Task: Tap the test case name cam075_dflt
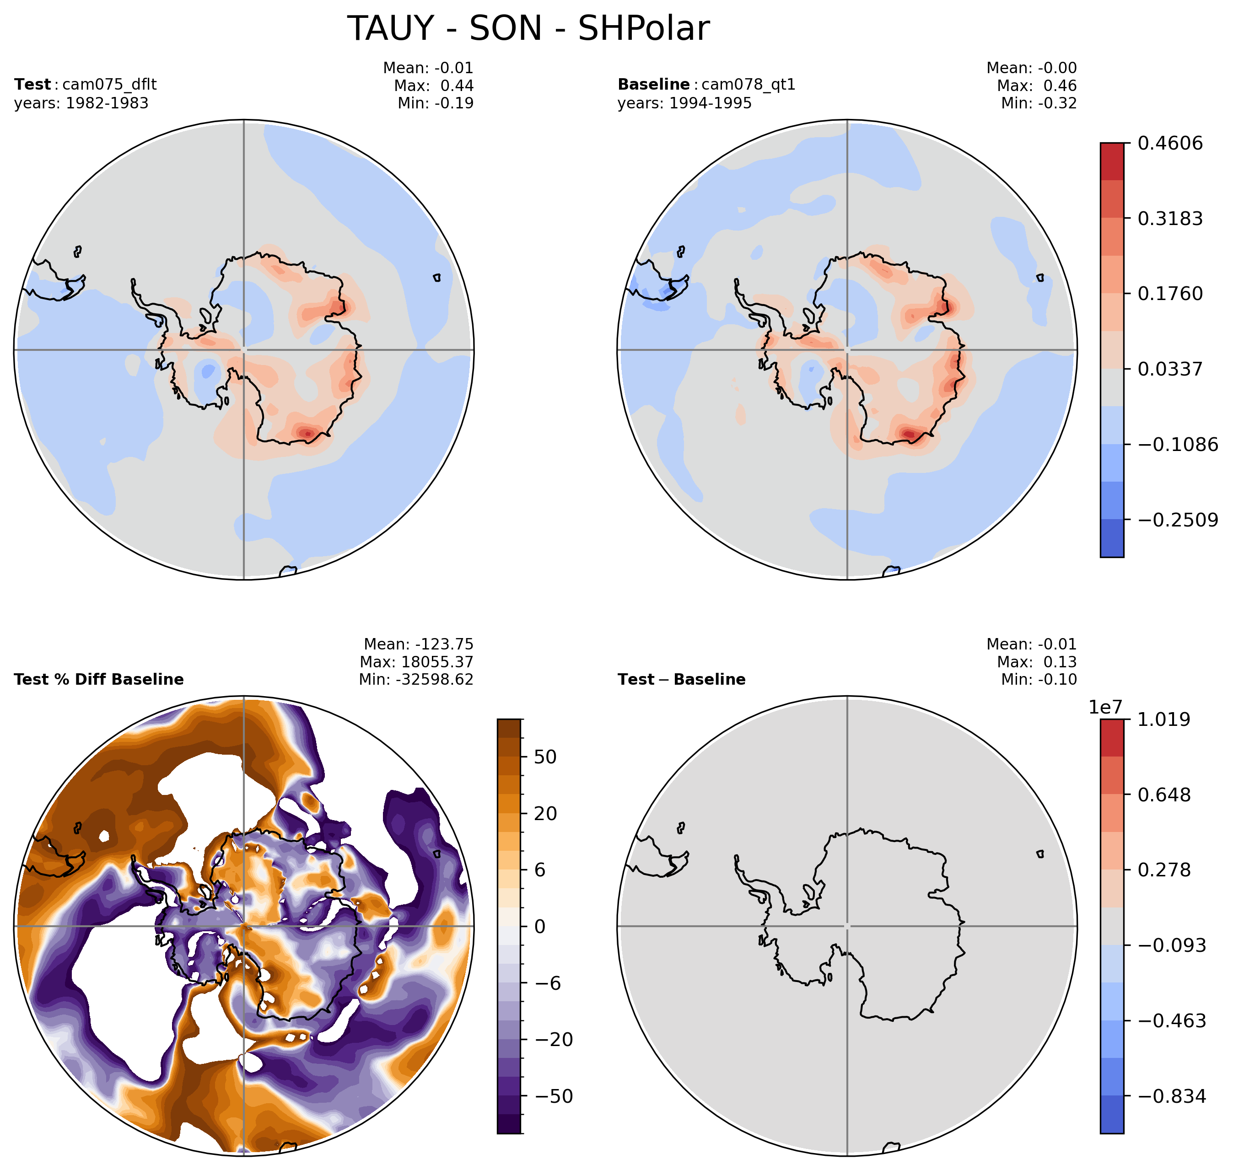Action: click(109, 84)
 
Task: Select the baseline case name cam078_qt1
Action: click(748, 84)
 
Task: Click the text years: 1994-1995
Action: click(685, 103)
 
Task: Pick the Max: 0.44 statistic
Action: click(433, 86)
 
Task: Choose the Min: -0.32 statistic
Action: click(1039, 103)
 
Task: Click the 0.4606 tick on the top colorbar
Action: click(1170, 144)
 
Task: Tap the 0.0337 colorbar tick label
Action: click(1170, 369)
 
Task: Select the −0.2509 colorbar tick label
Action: click(1178, 520)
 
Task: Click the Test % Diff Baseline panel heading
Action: click(98, 679)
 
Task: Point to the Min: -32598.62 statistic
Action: click(416, 679)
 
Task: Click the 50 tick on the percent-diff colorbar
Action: click(546, 757)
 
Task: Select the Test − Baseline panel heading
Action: click(682, 679)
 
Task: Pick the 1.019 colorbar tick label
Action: click(1164, 720)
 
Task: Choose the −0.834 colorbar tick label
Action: click(1171, 1096)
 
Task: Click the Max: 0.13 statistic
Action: click(1037, 662)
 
